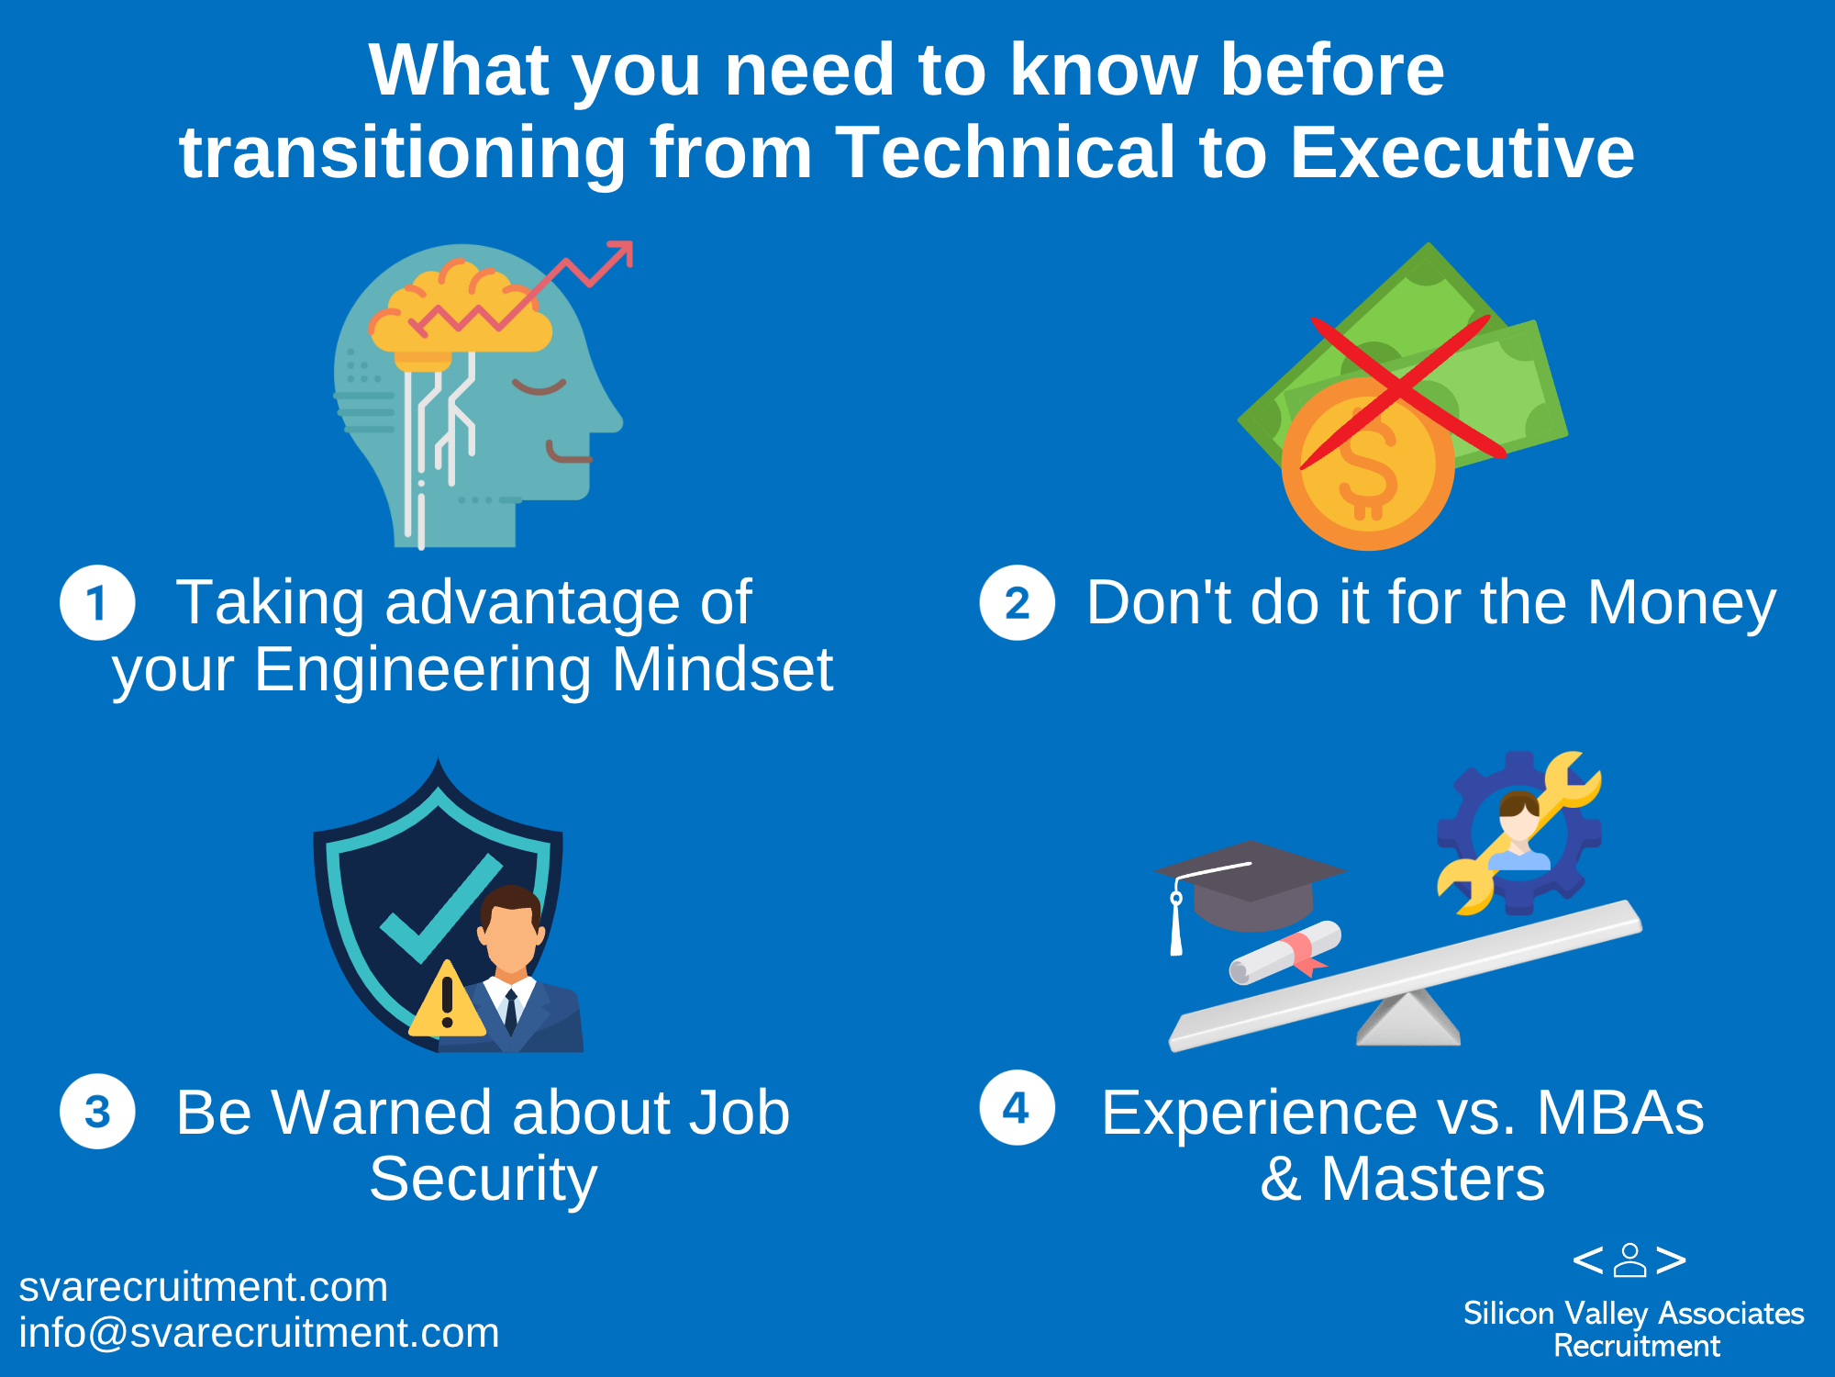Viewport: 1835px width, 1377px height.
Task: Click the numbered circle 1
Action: [x=97, y=602]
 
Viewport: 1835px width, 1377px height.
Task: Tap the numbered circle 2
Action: [x=1017, y=602]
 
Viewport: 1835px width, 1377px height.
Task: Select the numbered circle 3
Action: [x=97, y=1112]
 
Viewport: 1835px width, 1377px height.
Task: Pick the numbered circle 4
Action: [x=1017, y=1107]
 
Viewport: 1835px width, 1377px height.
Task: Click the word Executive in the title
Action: [x=1462, y=152]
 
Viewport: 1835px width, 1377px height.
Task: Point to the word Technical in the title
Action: [x=1005, y=152]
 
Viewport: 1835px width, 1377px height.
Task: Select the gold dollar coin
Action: [x=1368, y=464]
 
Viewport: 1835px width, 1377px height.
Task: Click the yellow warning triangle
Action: [x=447, y=1001]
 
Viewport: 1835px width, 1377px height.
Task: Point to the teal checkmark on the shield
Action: [x=440, y=909]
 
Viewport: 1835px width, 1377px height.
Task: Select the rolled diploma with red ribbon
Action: [x=1285, y=953]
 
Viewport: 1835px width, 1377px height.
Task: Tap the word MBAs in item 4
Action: [x=1620, y=1113]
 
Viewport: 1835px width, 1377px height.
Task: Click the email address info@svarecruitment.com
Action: [x=259, y=1333]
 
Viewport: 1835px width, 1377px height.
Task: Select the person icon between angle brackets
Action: [x=1629, y=1260]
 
